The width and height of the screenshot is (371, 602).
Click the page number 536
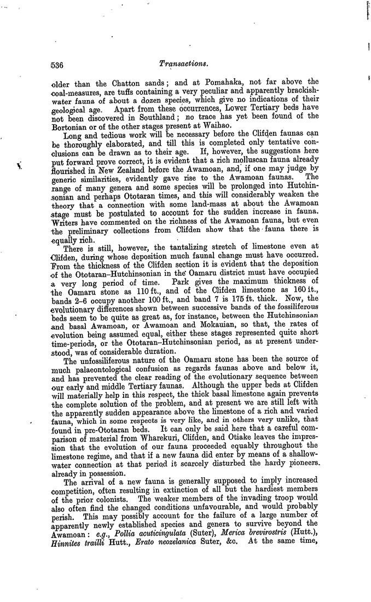coord(56,65)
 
